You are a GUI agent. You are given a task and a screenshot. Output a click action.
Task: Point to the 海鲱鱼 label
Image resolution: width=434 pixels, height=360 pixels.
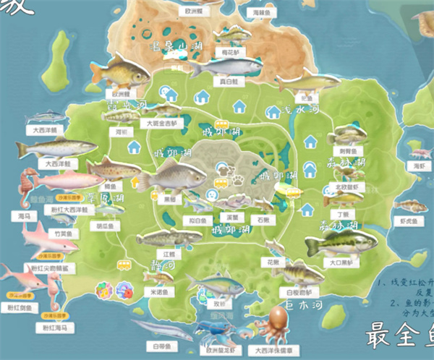pyautogui.click(x=261, y=12)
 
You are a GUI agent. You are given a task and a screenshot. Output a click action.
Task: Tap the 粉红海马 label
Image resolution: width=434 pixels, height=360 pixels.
pyautogui.click(x=56, y=328)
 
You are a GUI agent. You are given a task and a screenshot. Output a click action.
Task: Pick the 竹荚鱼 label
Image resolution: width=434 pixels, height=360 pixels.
pyautogui.click(x=63, y=234)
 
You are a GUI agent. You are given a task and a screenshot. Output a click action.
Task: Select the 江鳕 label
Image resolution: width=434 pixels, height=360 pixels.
pyautogui.click(x=169, y=254)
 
